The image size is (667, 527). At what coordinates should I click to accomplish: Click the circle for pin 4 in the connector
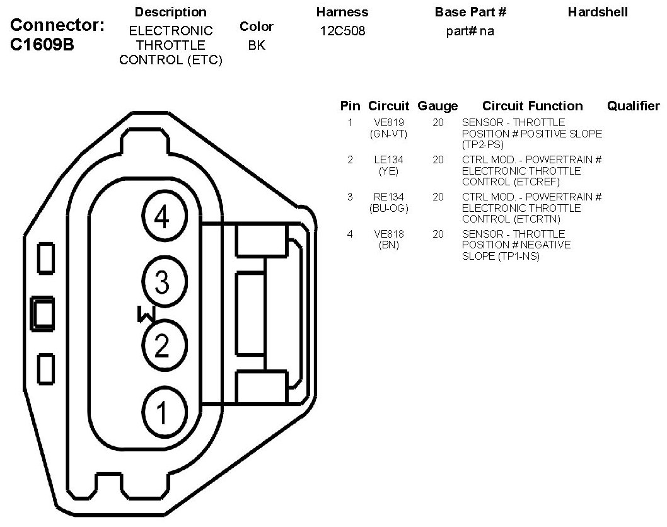click(162, 218)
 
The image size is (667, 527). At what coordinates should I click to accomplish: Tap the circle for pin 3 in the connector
click(162, 282)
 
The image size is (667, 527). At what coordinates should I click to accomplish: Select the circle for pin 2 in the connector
click(162, 345)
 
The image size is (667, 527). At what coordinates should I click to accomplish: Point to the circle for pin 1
click(162, 413)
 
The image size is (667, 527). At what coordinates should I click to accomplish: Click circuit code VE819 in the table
click(388, 122)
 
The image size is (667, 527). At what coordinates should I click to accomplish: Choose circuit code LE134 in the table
click(388, 159)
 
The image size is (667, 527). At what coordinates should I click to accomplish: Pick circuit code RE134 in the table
click(388, 197)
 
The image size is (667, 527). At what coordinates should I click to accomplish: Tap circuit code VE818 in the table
click(388, 234)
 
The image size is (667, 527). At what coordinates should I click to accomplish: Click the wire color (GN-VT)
click(388, 134)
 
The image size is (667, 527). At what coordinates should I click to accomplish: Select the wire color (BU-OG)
click(388, 208)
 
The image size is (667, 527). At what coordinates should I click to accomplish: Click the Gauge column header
click(438, 106)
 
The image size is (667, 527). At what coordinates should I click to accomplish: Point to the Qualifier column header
click(633, 106)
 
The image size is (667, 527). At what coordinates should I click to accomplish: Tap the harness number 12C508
click(342, 31)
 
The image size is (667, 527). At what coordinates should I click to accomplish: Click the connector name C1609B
click(43, 45)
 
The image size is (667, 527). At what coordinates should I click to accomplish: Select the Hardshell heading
click(598, 12)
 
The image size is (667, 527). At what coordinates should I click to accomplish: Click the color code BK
click(257, 45)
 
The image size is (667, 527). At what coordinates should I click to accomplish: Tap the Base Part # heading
click(470, 12)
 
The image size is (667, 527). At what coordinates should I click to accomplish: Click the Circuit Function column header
click(532, 106)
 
